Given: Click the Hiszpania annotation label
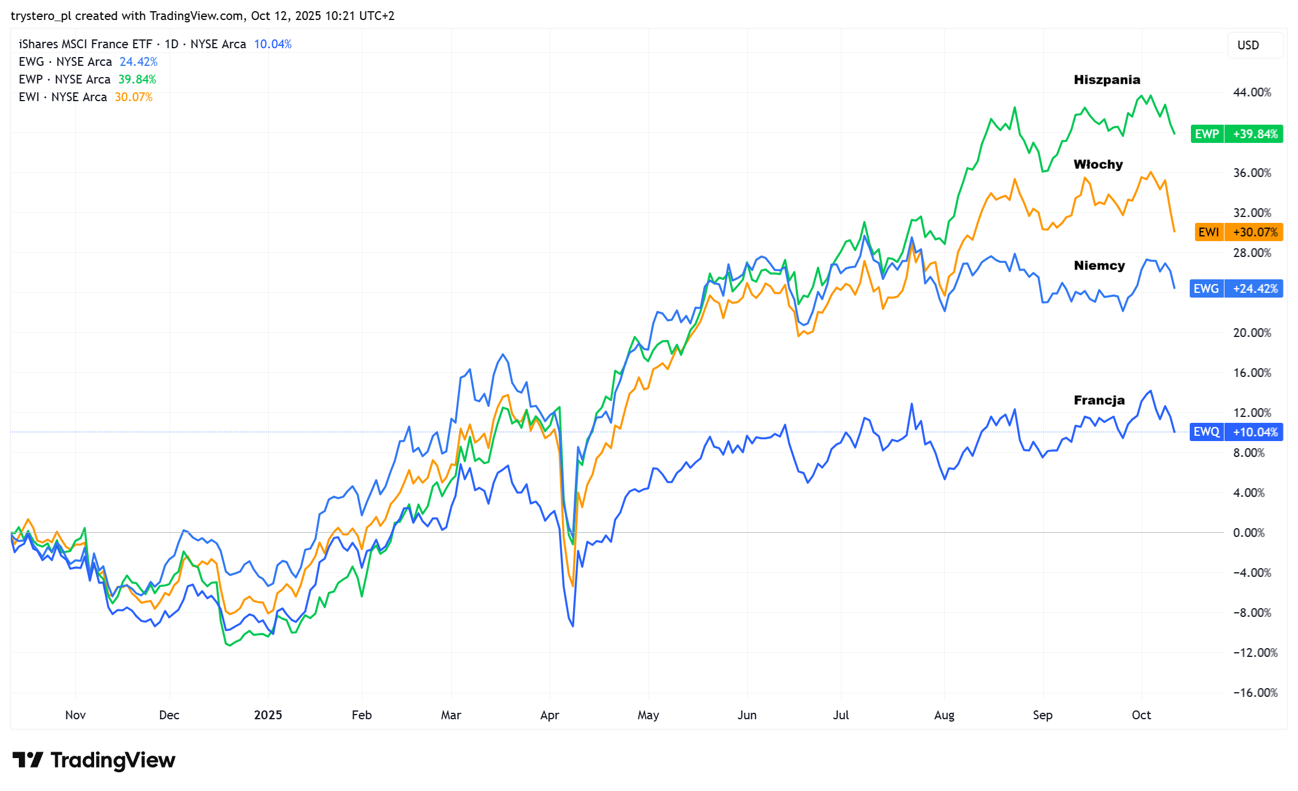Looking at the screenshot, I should tap(1106, 80).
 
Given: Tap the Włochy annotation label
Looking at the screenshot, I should tap(1097, 165).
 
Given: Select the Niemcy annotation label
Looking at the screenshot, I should tap(1099, 266).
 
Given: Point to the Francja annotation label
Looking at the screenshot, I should tap(1099, 400).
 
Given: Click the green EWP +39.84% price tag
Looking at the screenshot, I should tap(1236, 134).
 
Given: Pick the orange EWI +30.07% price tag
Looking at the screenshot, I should tap(1239, 232).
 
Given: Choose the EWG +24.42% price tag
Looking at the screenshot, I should tap(1236, 289).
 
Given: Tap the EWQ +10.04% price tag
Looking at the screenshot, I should tap(1236, 432).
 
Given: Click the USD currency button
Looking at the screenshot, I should tap(1248, 45).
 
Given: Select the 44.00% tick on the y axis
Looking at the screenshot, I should tap(1252, 92).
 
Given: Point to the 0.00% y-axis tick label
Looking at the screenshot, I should tap(1249, 533).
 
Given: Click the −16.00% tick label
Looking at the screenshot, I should tap(1255, 693).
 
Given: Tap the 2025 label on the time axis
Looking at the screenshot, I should tap(268, 715).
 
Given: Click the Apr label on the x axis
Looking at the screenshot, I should tap(550, 715).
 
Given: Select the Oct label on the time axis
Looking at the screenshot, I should tap(1141, 715).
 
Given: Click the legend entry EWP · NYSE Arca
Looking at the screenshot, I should tap(65, 79).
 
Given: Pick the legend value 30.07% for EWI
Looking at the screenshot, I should tap(134, 97).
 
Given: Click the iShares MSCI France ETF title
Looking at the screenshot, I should tap(85, 44).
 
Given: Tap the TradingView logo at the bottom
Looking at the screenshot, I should tap(94, 760).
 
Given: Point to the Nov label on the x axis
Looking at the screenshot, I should tap(75, 715).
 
